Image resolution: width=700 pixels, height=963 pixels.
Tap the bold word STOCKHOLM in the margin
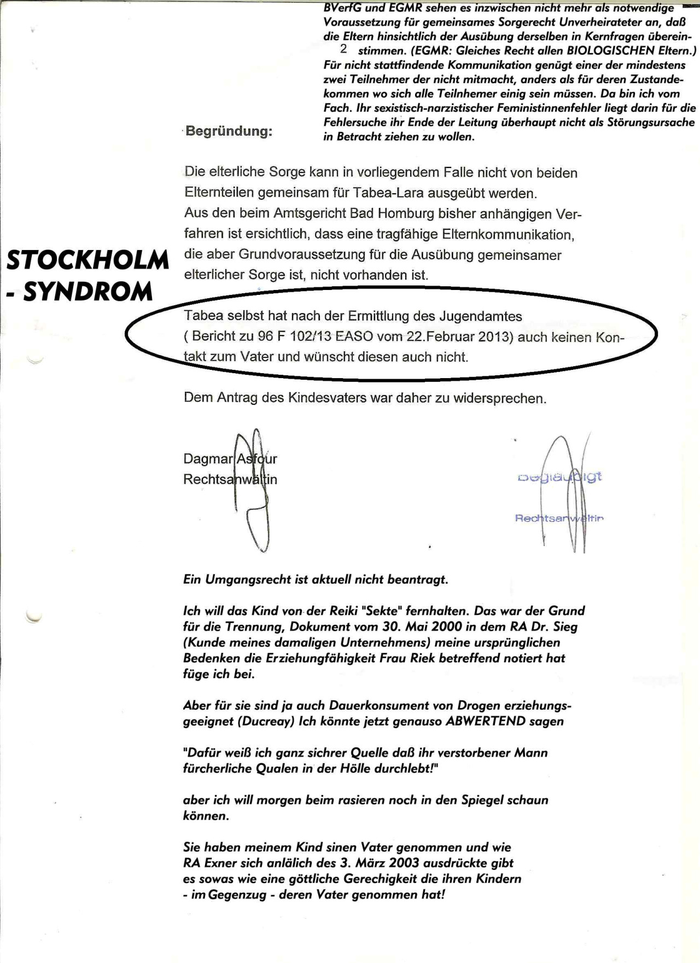click(x=87, y=260)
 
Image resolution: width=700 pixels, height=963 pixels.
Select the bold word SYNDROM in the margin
click(x=87, y=292)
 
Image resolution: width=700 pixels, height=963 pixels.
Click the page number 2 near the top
click(x=343, y=49)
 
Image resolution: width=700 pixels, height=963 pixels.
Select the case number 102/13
click(x=310, y=337)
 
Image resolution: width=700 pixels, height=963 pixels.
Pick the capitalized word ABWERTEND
click(x=486, y=721)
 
